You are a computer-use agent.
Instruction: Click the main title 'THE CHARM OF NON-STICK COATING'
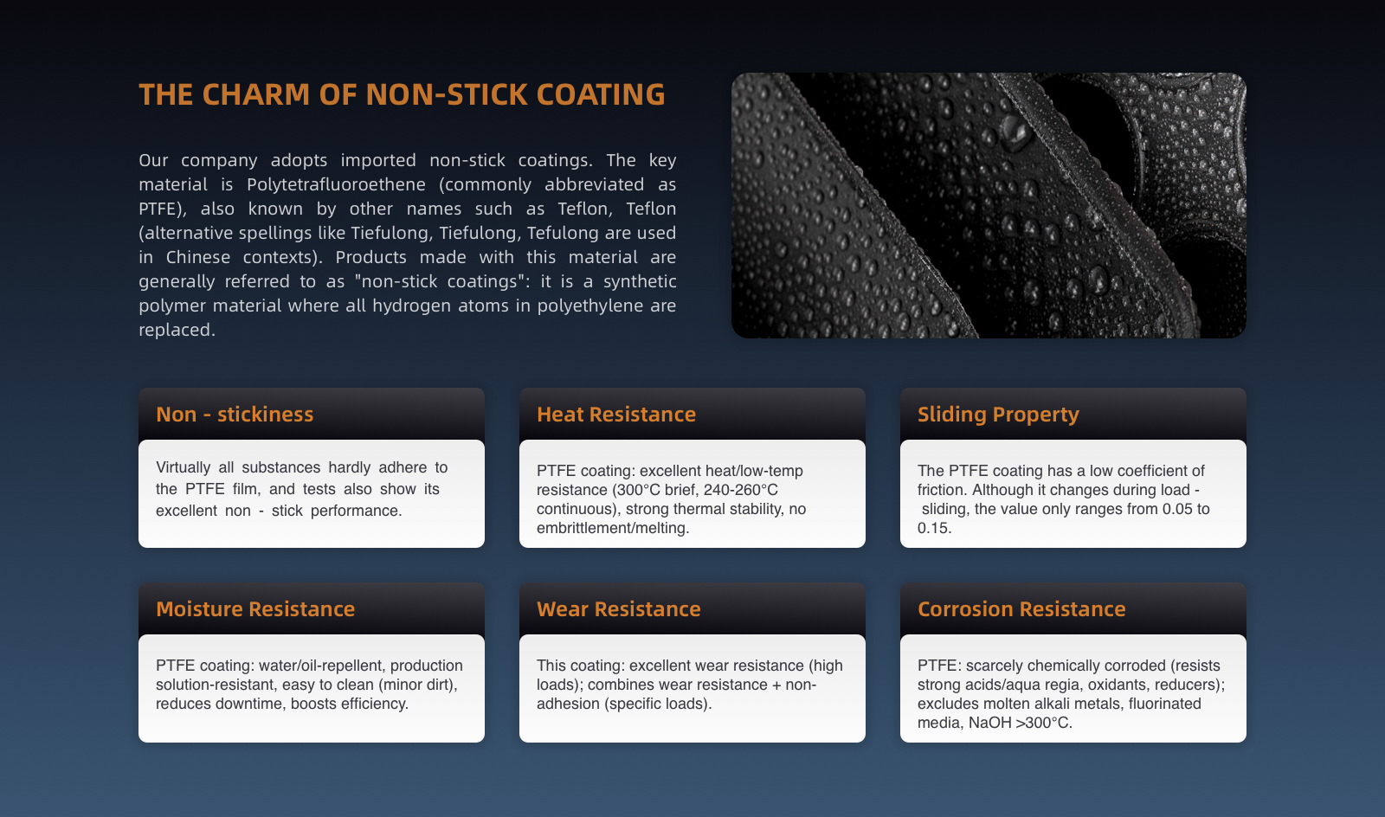pyautogui.click(x=402, y=94)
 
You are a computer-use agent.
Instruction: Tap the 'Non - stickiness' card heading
pyautogui.click(x=235, y=414)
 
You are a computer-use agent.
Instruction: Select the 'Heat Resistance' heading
pyautogui.click(x=615, y=414)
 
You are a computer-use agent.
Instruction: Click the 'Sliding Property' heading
pyautogui.click(x=998, y=415)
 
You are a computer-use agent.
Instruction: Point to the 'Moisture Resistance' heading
pyautogui.click(x=255, y=608)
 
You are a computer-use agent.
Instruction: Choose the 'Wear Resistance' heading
pyautogui.click(x=618, y=608)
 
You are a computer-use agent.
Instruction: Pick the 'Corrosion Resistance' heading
pyautogui.click(x=1021, y=608)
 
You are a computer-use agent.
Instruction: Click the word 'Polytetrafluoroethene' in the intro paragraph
pyautogui.click(x=336, y=184)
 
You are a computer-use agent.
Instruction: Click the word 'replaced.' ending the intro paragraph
pyautogui.click(x=177, y=330)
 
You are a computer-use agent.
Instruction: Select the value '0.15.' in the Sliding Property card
pyautogui.click(x=934, y=529)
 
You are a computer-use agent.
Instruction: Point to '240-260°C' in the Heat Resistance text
pyautogui.click(x=741, y=490)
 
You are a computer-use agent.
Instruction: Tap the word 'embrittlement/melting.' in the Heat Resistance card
pyautogui.click(x=613, y=529)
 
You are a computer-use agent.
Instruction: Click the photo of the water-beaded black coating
pyautogui.click(x=989, y=205)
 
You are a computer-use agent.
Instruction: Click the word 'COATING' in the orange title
pyautogui.click(x=601, y=94)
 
